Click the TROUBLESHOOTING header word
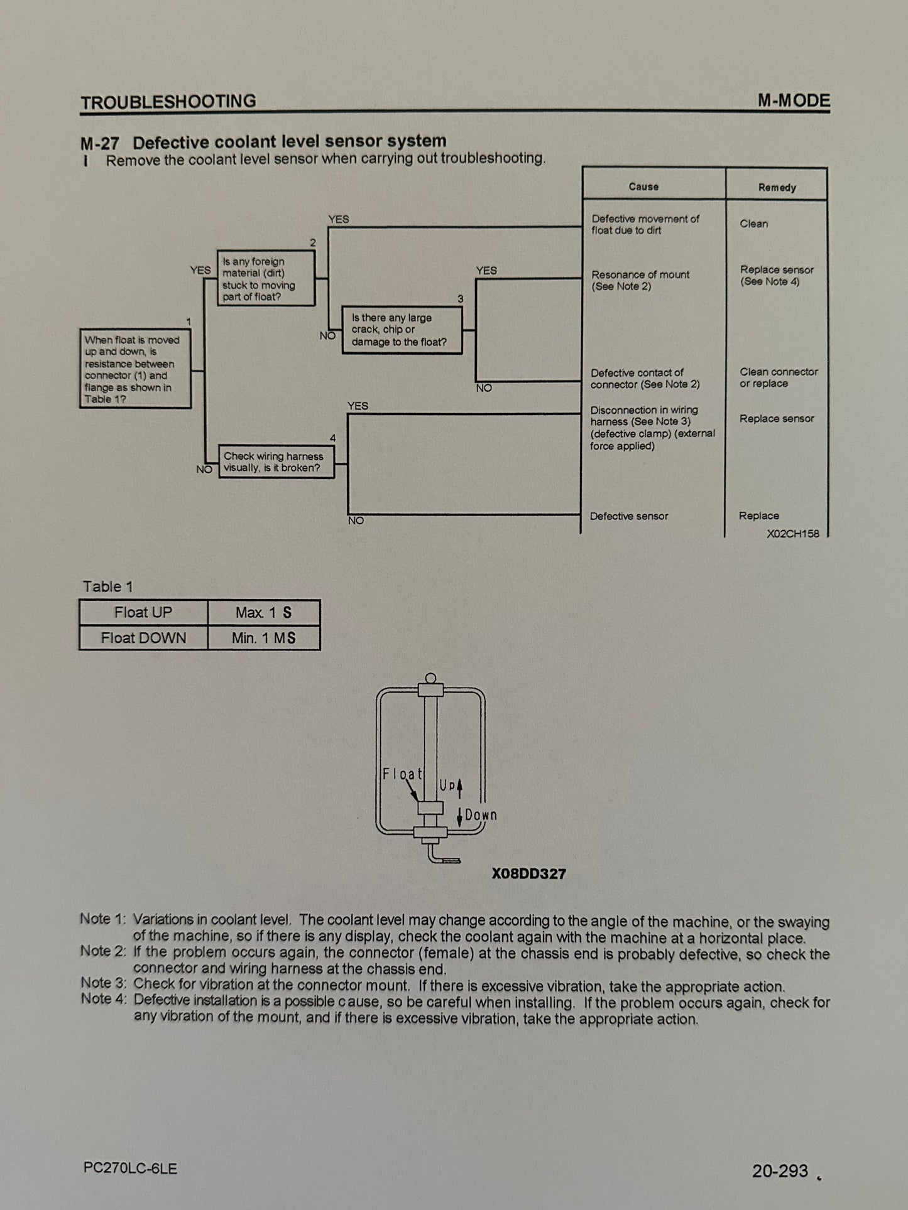168,102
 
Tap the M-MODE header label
794,100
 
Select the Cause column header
643,186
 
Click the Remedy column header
777,187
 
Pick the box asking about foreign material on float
266,279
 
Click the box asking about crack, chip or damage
402,330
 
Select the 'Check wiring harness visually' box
276,462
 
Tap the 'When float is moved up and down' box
135,369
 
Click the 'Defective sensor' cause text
628,516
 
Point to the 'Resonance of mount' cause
640,280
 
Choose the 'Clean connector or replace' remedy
778,377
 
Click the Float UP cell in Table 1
143,612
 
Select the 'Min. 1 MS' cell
263,638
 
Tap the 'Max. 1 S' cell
263,612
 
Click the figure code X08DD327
528,873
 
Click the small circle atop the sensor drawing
430,678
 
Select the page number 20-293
780,1170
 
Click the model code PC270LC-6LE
130,1168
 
